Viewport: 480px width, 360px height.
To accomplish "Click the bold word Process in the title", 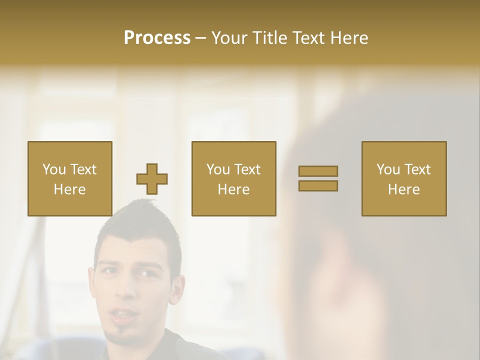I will click(x=157, y=38).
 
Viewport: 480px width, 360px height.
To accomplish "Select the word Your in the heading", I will click(x=230, y=38).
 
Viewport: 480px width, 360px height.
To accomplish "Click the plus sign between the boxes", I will click(x=152, y=179).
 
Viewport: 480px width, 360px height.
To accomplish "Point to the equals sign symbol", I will click(x=318, y=178).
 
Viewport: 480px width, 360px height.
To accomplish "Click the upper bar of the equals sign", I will click(x=318, y=171).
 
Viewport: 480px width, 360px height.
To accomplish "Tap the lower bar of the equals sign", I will click(x=318, y=185).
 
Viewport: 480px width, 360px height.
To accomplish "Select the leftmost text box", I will click(x=70, y=178).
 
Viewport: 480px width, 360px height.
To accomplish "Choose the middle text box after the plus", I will click(x=234, y=178).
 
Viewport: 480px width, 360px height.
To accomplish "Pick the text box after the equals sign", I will click(x=404, y=178).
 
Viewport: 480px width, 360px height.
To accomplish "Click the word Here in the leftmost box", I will click(x=69, y=189).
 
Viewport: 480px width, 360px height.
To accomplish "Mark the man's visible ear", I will click(x=176, y=292).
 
